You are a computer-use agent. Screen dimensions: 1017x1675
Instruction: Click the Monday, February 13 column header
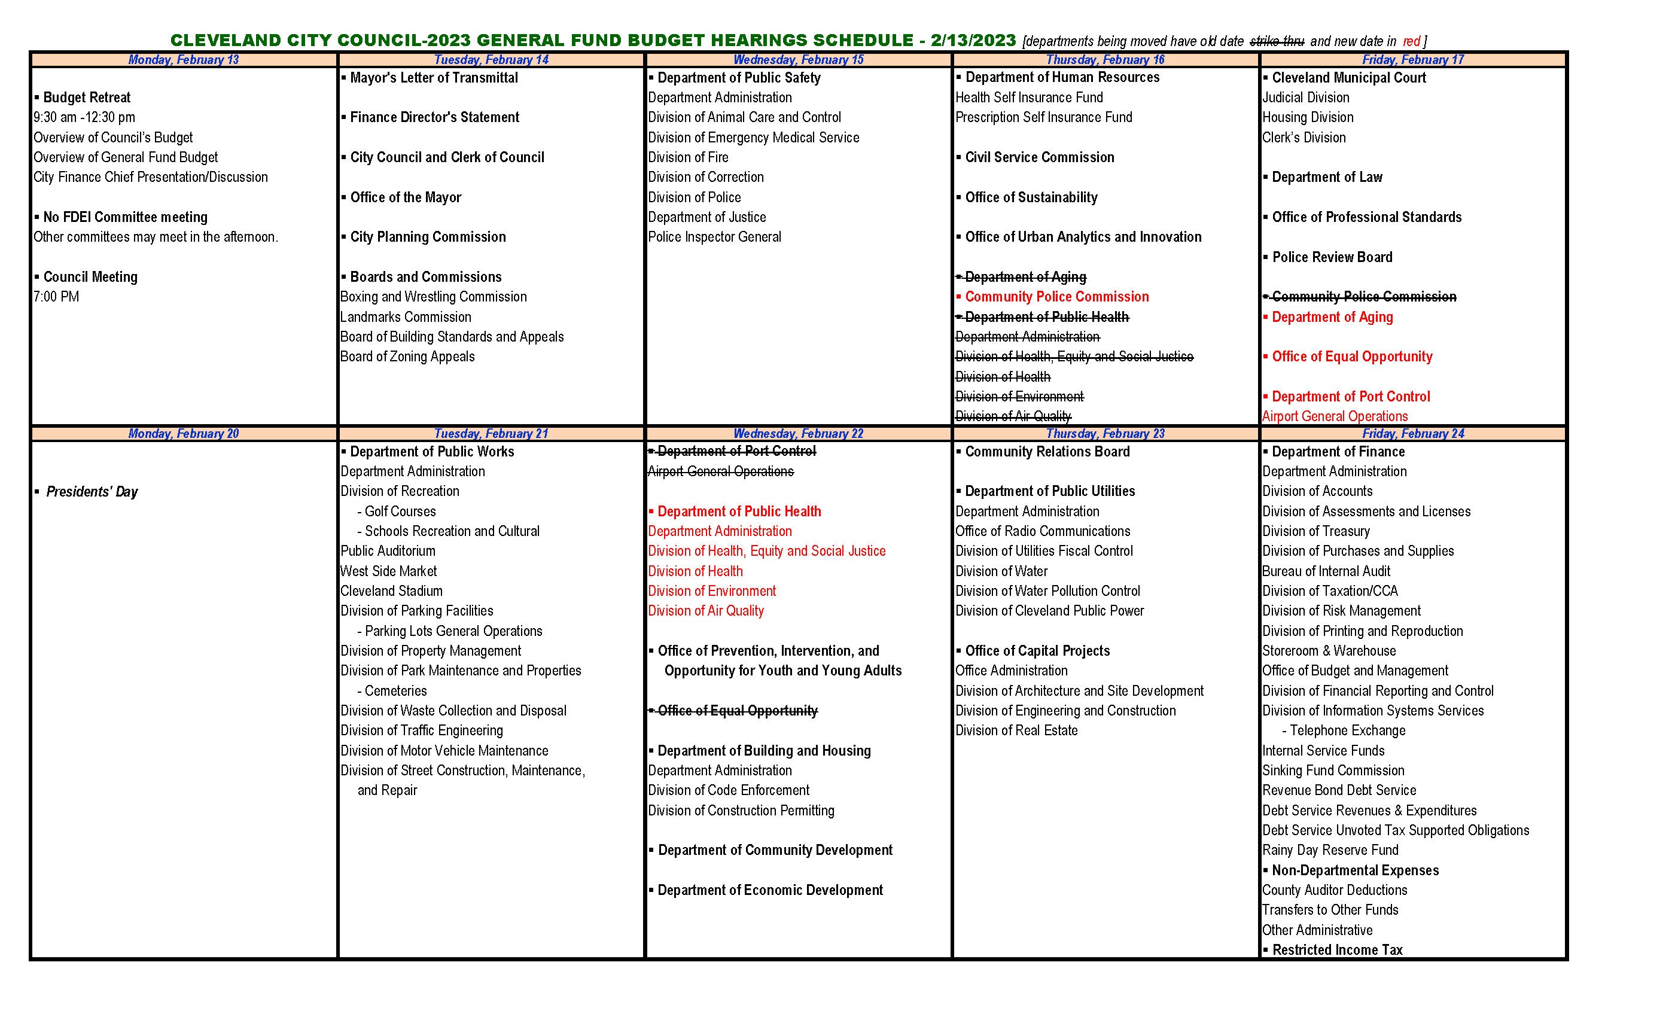point(184,60)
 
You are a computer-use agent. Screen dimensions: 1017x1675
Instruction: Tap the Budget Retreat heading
point(86,97)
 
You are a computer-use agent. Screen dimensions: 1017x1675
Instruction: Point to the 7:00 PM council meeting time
point(56,296)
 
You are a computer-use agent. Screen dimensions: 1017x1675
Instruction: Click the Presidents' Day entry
point(91,492)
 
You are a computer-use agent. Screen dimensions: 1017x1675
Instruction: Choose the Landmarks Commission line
point(406,317)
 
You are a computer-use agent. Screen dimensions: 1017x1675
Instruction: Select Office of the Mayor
point(405,197)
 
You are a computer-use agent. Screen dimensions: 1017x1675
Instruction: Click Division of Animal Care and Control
point(744,117)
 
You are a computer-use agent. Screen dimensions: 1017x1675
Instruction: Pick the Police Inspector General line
point(714,236)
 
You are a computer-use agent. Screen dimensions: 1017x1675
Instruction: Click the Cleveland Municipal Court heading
point(1349,78)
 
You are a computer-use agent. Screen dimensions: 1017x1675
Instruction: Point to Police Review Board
point(1332,257)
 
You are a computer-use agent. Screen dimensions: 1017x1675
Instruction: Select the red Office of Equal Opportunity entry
point(1351,356)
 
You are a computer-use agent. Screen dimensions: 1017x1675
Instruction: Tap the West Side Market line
point(389,571)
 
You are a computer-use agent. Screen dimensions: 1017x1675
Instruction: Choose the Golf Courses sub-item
point(400,511)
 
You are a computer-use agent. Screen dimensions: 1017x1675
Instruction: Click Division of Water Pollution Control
point(1047,591)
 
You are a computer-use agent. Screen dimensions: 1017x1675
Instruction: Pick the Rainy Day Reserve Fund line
point(1330,849)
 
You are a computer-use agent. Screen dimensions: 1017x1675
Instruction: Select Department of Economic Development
point(769,890)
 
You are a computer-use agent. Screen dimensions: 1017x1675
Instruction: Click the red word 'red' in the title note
point(1411,41)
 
